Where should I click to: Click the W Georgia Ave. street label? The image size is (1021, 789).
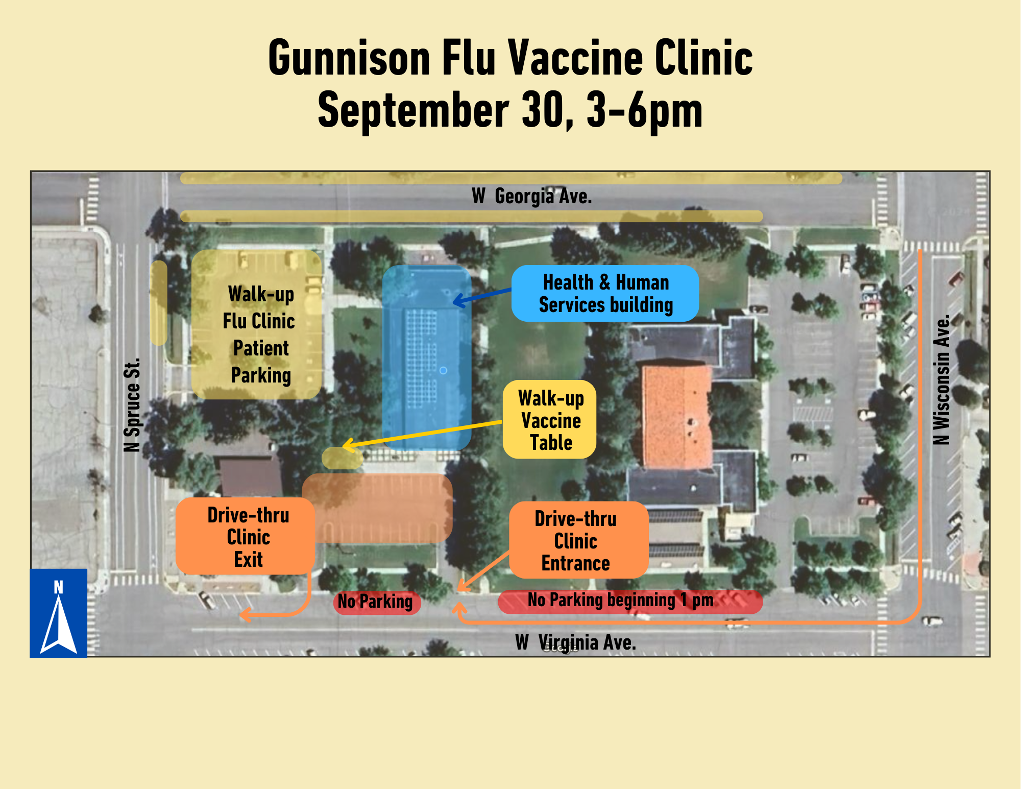[531, 196]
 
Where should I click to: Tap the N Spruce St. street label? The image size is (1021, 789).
[132, 405]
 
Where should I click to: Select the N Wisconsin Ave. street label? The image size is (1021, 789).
[941, 380]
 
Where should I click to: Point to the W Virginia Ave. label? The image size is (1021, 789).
[575, 642]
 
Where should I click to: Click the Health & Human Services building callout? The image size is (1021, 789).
[605, 294]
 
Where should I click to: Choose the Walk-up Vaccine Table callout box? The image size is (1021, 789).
[550, 420]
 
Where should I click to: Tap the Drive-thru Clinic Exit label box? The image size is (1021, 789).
[246, 537]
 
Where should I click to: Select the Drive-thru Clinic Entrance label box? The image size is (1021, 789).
[578, 540]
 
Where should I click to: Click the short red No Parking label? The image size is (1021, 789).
[376, 602]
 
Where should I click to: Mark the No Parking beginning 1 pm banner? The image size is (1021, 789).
[630, 601]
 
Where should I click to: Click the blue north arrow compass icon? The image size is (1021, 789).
[59, 613]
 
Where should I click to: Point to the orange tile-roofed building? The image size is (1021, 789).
[676, 416]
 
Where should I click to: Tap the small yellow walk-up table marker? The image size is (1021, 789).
[342, 459]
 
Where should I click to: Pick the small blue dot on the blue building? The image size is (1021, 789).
[443, 370]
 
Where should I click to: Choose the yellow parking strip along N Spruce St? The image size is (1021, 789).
[159, 303]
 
